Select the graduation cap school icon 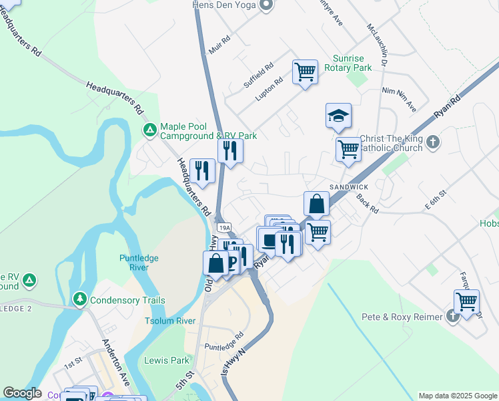(338, 116)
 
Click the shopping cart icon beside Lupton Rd (305, 71)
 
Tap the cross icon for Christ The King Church (433, 142)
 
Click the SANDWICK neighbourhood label (348, 186)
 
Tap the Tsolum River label (170, 321)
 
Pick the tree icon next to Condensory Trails (79, 298)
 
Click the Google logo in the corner (22, 394)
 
